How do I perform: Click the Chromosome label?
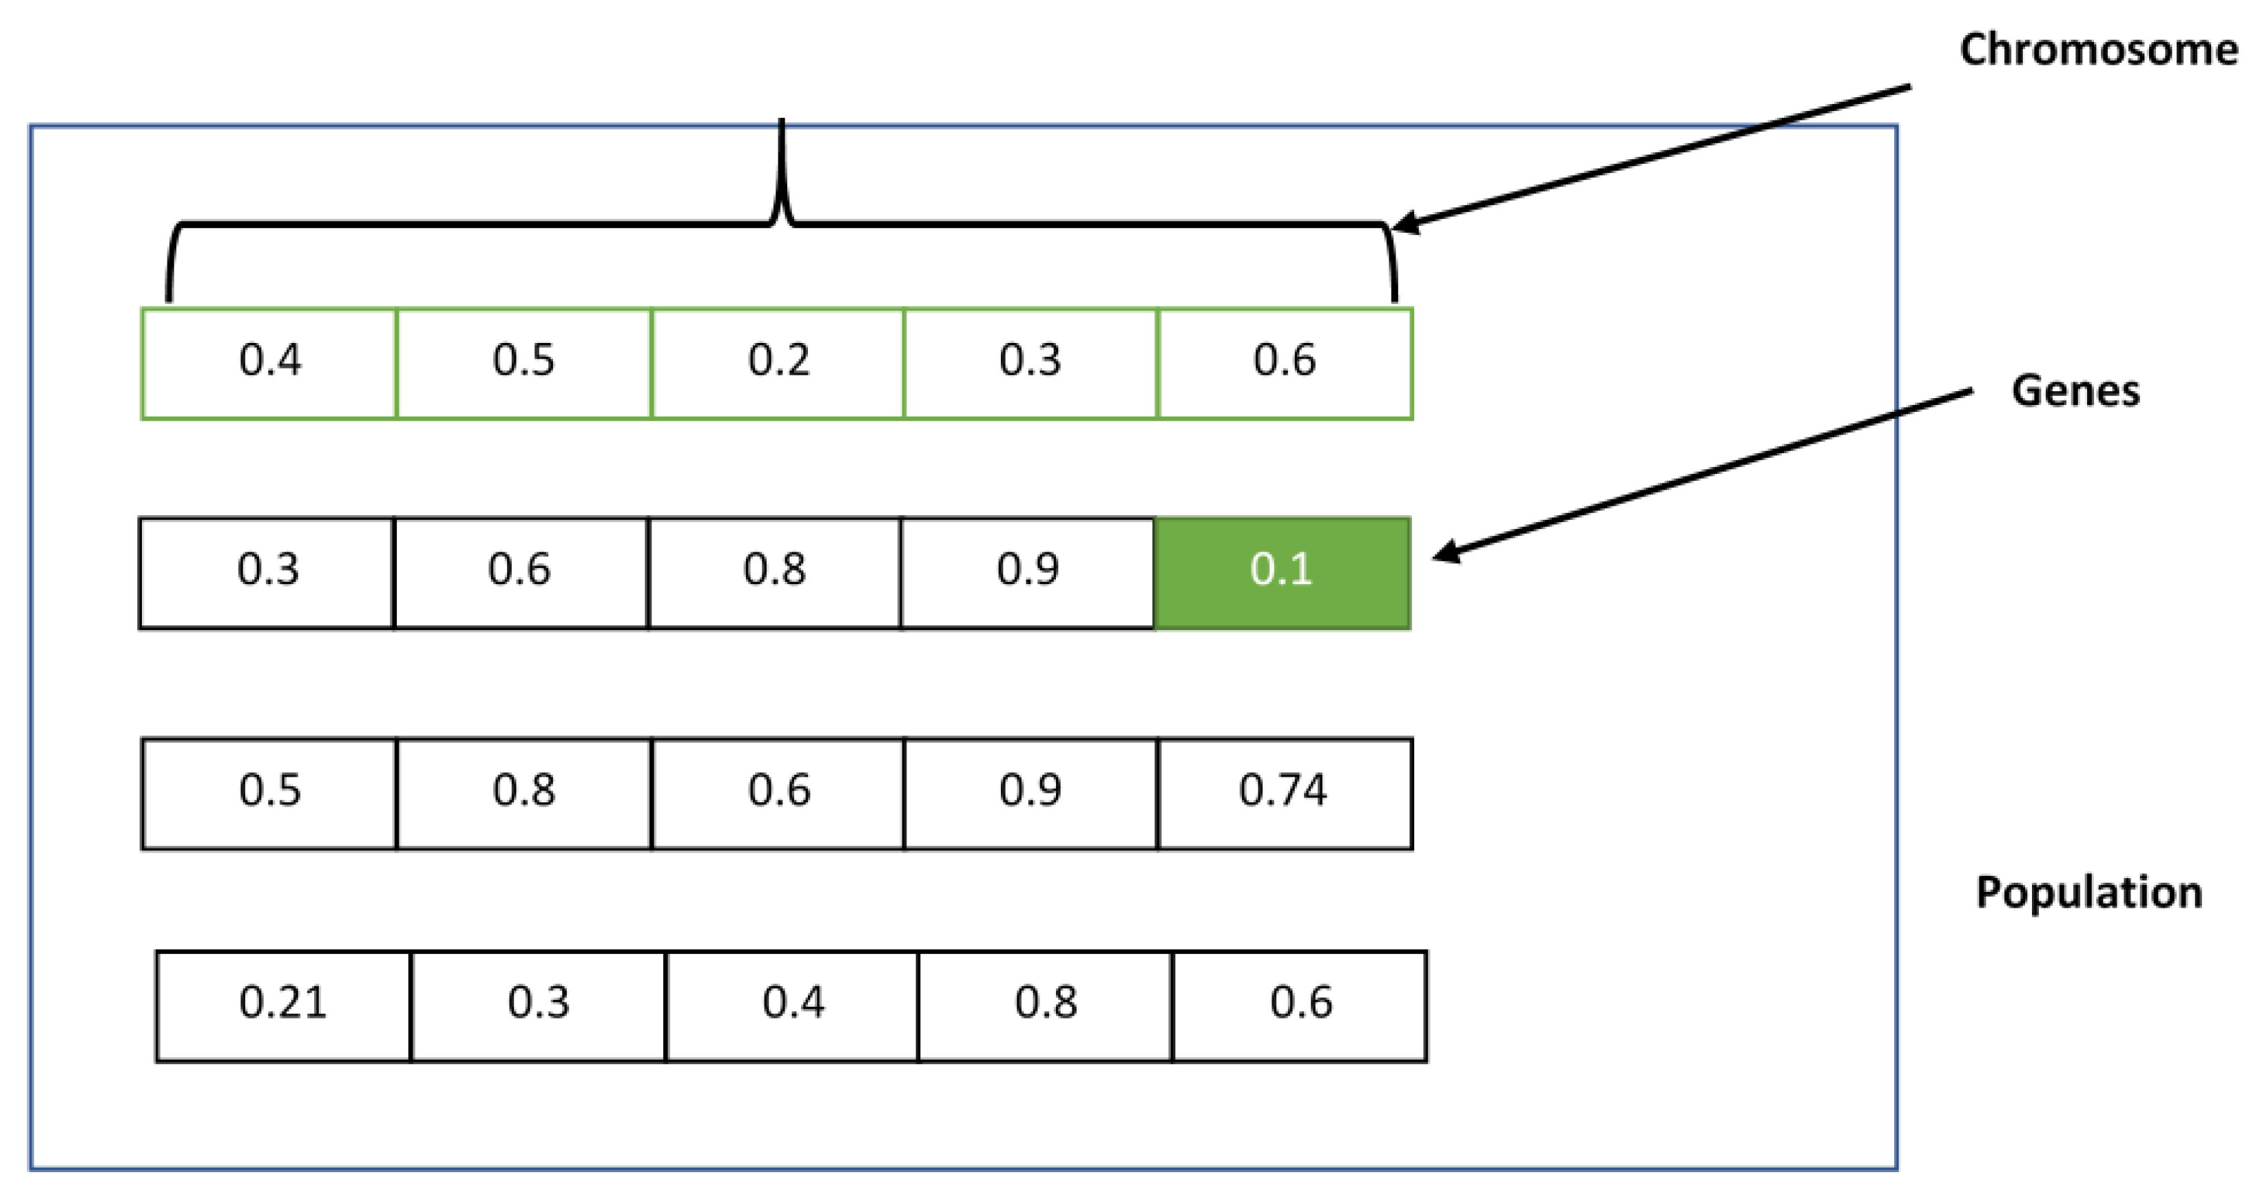pos(2098,49)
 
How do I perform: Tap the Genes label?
pos(2075,390)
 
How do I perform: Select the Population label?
pos(2088,893)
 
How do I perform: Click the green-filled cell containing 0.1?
pos(1282,572)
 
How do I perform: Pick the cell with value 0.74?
pos(1285,793)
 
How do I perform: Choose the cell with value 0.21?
pos(283,1005)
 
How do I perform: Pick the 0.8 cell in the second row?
pos(774,572)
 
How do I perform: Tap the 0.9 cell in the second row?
pos(1028,572)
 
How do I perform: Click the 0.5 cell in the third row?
pos(269,793)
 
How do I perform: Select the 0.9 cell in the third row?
pos(1030,793)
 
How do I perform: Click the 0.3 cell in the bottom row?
pos(538,1005)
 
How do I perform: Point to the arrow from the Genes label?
pos(1704,472)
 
